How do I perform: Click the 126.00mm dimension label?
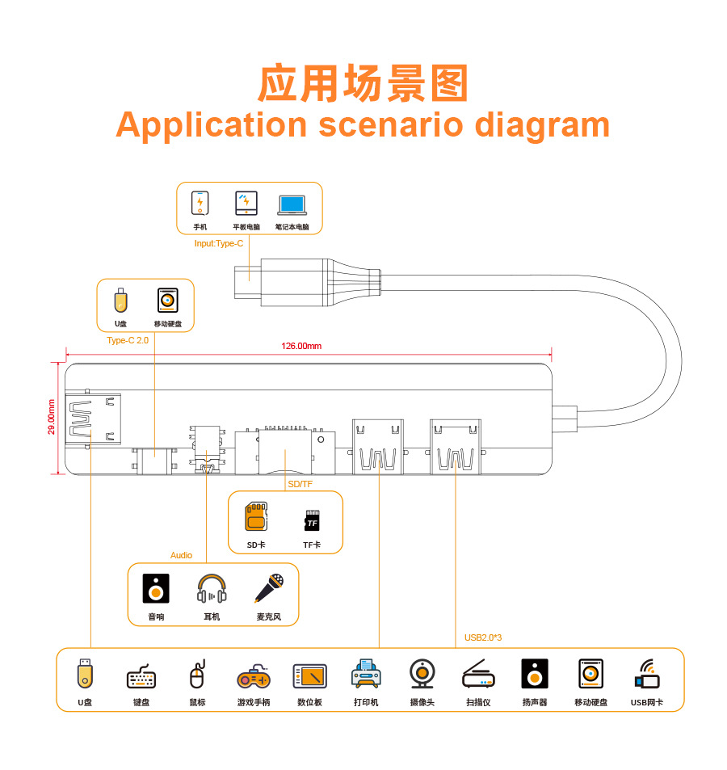point(301,347)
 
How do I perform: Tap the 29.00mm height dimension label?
point(52,417)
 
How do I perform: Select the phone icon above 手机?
point(200,202)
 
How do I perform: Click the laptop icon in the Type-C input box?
point(292,204)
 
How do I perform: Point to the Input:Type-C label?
point(219,243)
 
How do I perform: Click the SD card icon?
point(256,517)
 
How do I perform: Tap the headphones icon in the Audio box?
point(212,589)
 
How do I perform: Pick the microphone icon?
point(269,589)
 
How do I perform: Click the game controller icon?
point(254,675)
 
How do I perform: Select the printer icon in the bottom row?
point(366,674)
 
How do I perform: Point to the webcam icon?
point(422,674)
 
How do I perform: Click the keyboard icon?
point(141,675)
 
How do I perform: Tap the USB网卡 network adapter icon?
point(647,674)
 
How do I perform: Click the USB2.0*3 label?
point(483,637)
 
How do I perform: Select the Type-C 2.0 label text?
point(128,341)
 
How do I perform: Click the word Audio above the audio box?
point(181,555)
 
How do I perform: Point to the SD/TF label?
point(300,483)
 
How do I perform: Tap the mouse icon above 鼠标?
point(197,675)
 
